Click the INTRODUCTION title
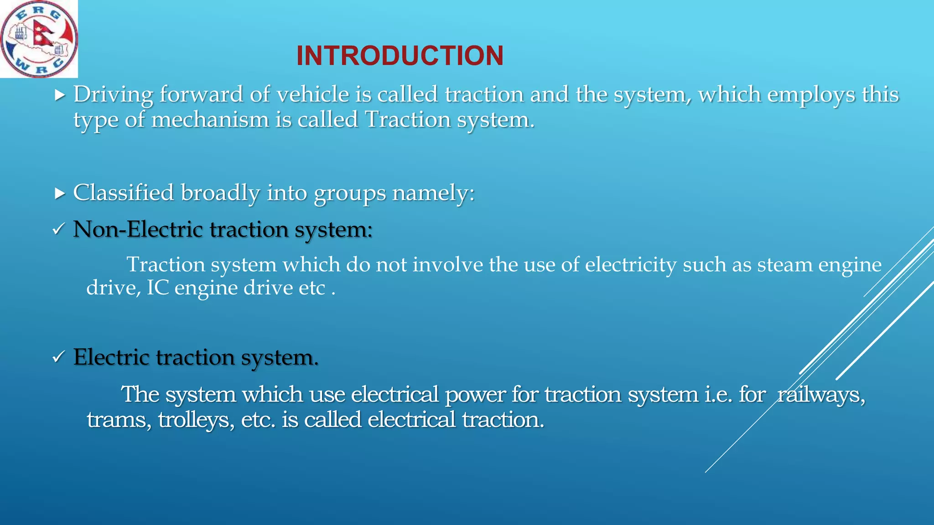[x=400, y=56]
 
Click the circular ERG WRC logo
[x=39, y=39]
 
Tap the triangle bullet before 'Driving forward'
[x=60, y=95]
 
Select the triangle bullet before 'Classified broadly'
[x=60, y=194]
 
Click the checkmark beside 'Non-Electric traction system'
[x=58, y=230]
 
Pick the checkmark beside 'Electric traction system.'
[x=58, y=357]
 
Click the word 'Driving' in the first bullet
[x=113, y=95]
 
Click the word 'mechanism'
[x=210, y=120]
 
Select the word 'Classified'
[x=124, y=192]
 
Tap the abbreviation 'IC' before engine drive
[x=157, y=288]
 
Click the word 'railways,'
[x=821, y=395]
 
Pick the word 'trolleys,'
[x=196, y=420]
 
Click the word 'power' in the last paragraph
[x=475, y=395]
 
